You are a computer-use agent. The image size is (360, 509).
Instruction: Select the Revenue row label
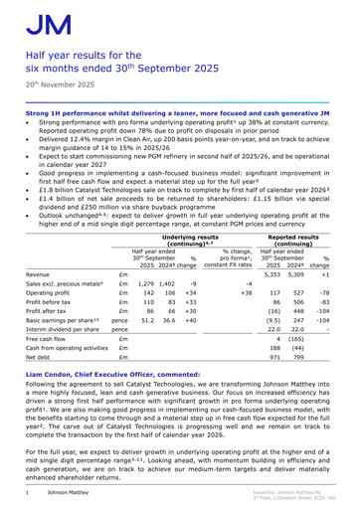(39, 273)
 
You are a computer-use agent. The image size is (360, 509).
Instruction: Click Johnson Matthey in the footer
(71, 492)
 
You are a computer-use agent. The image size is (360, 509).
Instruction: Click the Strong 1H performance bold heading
(179, 115)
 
